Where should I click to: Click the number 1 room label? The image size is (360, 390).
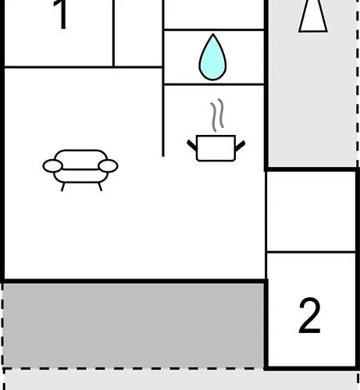coord(62,14)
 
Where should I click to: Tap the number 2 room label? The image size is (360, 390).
coord(309,315)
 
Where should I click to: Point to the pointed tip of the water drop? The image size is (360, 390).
coord(213,34)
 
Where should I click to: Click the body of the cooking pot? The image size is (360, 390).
coord(216,148)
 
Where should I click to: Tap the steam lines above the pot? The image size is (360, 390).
coord(217,115)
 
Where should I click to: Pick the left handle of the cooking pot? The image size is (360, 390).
coord(192,145)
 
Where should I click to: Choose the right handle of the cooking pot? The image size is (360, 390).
coord(240,146)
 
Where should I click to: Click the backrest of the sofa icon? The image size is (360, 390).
coord(80,159)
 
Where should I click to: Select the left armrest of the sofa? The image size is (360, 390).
coord(53,166)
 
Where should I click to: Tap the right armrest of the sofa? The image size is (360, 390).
coord(108,166)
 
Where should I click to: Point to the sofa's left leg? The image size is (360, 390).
coord(62,187)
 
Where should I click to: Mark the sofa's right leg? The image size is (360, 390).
coord(100,187)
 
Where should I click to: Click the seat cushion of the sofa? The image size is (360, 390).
coord(80,176)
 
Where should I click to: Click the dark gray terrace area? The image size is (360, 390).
coord(134,325)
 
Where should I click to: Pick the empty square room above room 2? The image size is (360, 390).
coord(311,211)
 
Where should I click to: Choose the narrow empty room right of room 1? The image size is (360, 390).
coord(138,33)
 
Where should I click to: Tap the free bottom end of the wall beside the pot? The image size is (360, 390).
coord(163,156)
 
